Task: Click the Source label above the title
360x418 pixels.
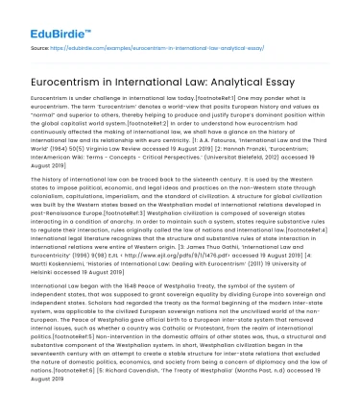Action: point(39,45)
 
